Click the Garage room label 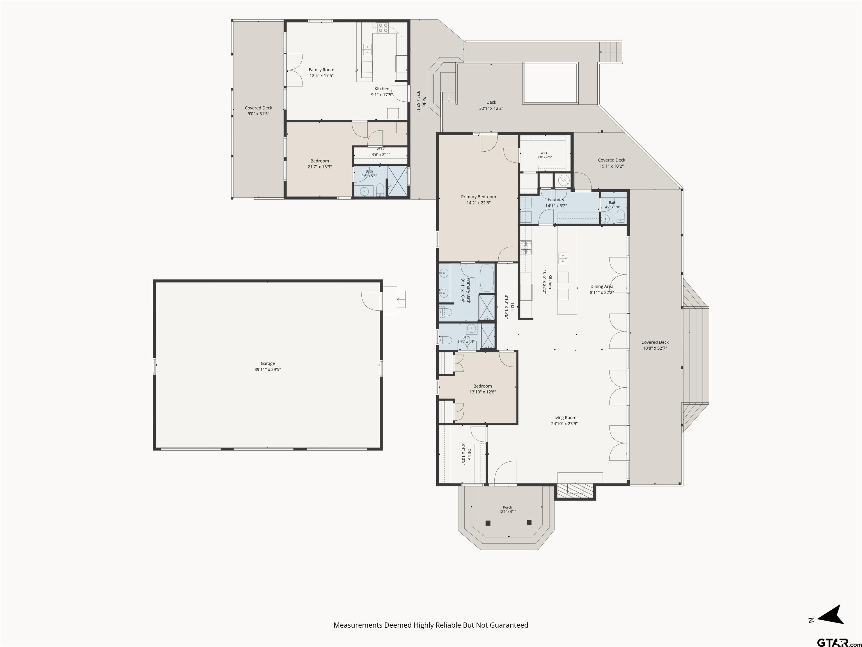coord(268,363)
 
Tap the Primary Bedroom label coord(478,197)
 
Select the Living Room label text coord(564,418)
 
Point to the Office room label coord(469,454)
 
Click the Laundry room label coord(556,200)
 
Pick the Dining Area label coord(602,287)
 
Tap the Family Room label coord(322,70)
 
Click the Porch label coord(507,507)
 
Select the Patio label coord(424,101)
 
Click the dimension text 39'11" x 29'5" coord(268,369)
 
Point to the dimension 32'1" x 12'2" coord(491,108)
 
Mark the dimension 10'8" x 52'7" coord(655,348)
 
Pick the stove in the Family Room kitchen coord(383,28)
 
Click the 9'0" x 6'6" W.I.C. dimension coord(544,158)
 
